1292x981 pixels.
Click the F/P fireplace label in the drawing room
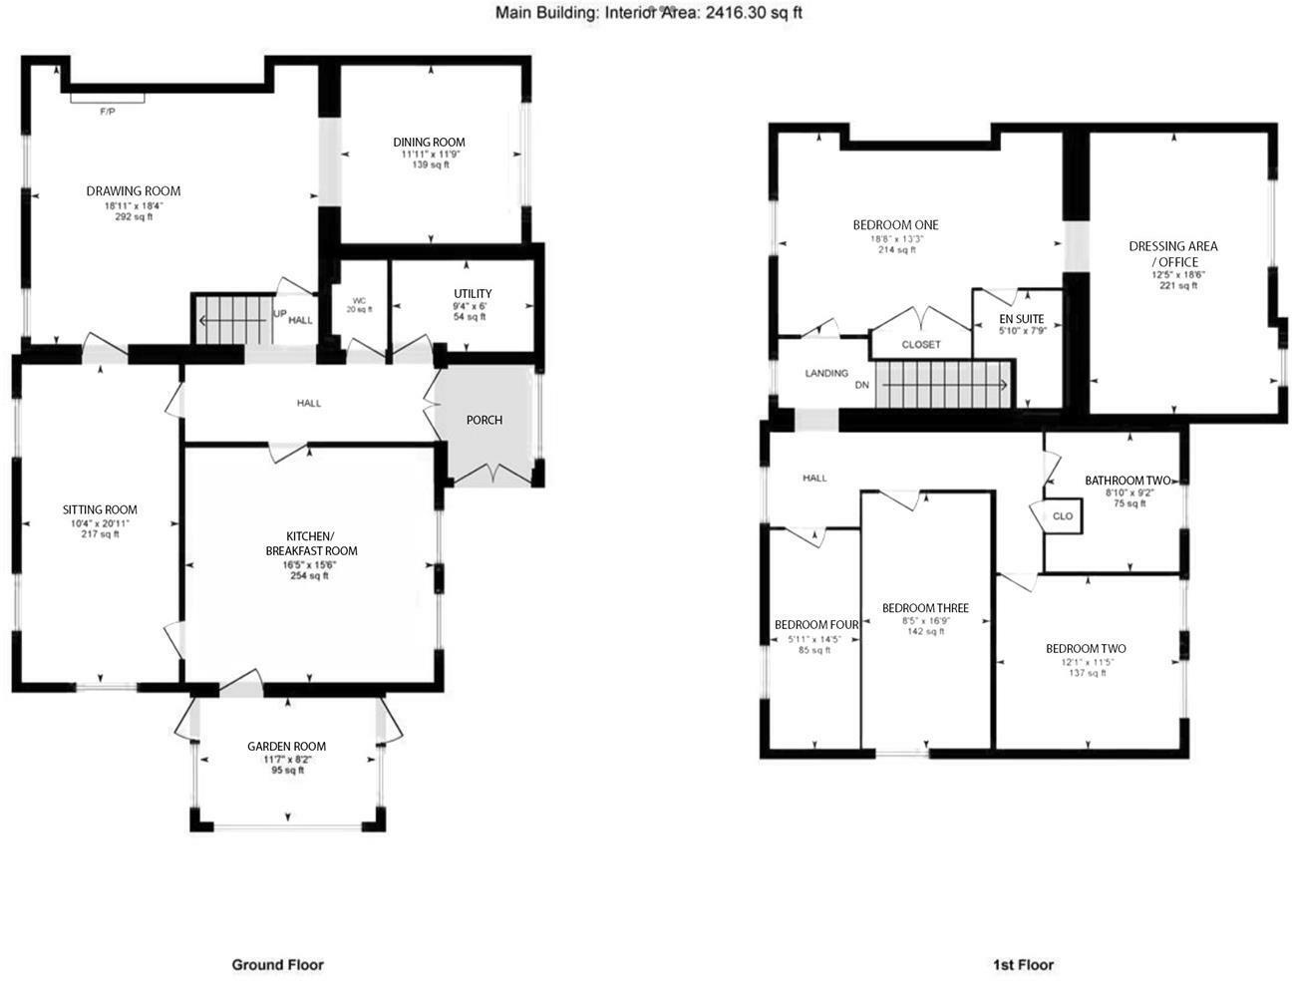point(107,111)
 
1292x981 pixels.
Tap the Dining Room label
point(429,142)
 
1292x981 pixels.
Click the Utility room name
point(473,293)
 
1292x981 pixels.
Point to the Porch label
point(484,420)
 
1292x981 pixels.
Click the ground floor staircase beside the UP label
point(231,319)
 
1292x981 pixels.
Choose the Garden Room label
point(286,746)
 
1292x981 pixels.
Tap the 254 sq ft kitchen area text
point(309,575)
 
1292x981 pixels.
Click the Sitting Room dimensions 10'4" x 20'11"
point(100,522)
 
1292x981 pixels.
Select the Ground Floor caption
point(277,964)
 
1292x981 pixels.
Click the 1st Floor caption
point(1023,964)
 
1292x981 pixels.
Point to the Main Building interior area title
point(649,13)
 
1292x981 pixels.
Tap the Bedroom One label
point(895,224)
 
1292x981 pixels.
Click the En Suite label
point(1022,319)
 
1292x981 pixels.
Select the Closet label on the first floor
point(920,344)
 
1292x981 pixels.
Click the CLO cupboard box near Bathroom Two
point(1063,516)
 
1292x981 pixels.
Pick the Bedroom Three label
point(925,608)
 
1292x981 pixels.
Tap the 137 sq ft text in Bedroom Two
point(1087,673)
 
